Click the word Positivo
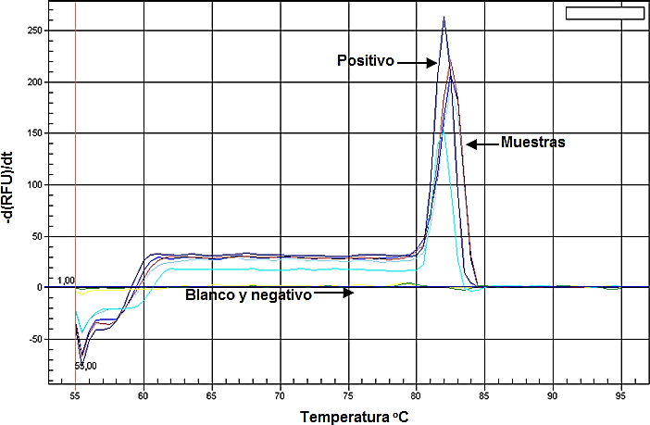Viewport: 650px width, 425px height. coord(367,61)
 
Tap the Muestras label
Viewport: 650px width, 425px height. coord(532,143)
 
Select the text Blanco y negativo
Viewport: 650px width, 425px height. coord(248,294)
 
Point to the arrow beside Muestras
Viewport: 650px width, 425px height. coord(481,144)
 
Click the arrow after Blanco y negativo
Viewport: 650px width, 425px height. coord(333,294)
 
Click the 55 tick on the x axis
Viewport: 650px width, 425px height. coord(75,394)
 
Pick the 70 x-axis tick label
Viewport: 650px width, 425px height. coord(280,394)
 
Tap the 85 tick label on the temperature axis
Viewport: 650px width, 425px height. coord(484,394)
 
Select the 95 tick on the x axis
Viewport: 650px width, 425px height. coord(620,394)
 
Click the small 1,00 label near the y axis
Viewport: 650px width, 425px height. coord(65,280)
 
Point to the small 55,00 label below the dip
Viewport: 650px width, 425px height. coord(84,366)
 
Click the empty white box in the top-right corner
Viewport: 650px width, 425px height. coord(604,12)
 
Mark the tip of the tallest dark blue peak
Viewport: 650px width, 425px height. coord(444,17)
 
